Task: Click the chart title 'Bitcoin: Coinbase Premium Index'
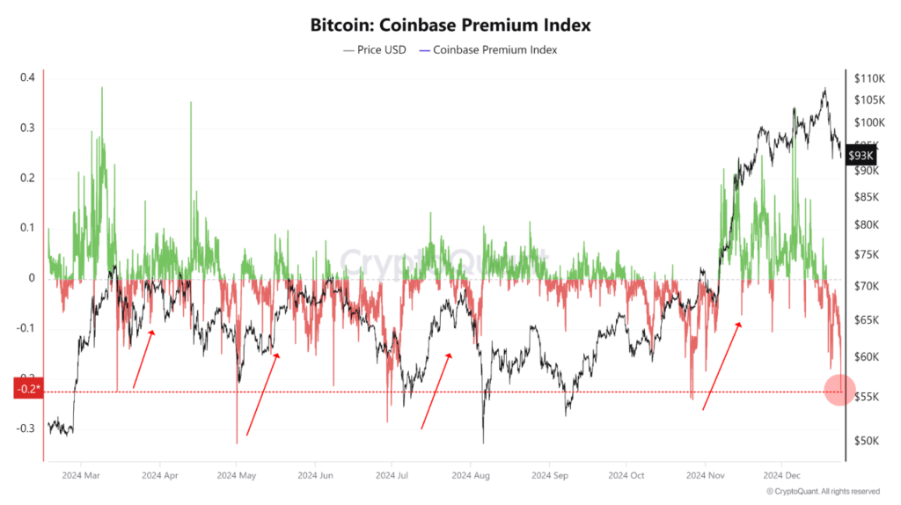tap(450, 26)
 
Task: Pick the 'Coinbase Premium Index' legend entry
tap(489, 50)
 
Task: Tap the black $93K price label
tap(860, 156)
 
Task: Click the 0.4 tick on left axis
tap(26, 77)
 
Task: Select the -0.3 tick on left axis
tap(26, 428)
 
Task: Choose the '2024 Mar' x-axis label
tap(79, 475)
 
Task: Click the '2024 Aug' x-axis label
tap(470, 475)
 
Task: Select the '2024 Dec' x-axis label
tap(781, 475)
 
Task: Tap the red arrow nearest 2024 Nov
tap(722, 366)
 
